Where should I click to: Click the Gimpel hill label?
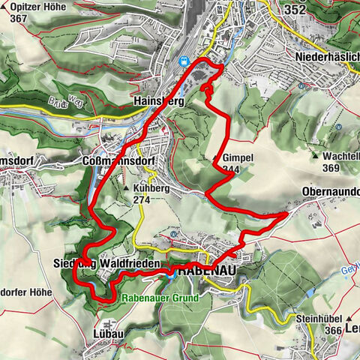pyautogui.click(x=238, y=158)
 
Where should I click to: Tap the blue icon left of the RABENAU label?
pyautogui.click(x=169, y=274)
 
